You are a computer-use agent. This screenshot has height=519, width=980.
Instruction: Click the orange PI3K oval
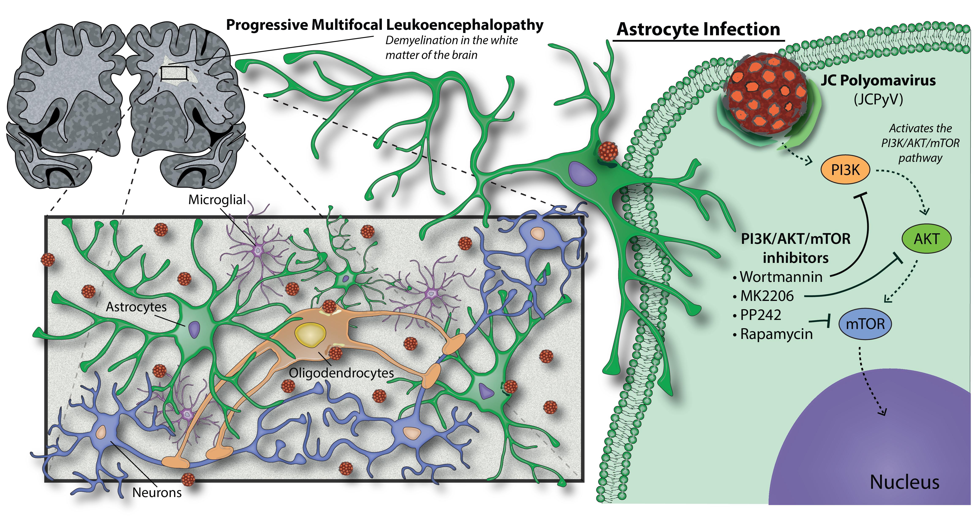[845, 170]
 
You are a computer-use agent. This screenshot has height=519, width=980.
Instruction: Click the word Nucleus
[904, 482]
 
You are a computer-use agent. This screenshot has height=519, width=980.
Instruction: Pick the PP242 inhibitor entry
[760, 315]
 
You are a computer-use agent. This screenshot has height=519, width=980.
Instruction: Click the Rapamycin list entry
[776, 334]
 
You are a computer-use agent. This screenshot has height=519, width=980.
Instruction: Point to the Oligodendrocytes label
[341, 373]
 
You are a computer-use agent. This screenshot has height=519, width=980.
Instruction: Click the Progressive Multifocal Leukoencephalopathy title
[384, 25]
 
